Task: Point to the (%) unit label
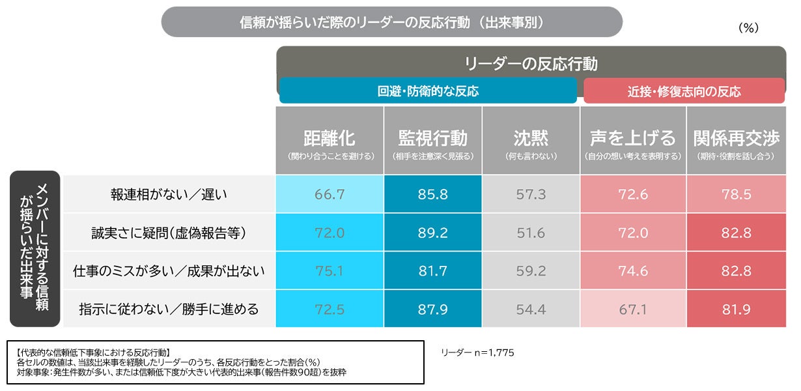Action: click(748, 28)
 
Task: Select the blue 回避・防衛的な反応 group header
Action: click(428, 91)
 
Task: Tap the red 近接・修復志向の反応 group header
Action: click(684, 91)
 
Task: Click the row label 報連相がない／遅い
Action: click(169, 195)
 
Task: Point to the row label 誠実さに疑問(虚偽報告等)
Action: click(169, 233)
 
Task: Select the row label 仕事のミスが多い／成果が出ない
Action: click(169, 271)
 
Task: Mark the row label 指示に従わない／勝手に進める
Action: click(169, 309)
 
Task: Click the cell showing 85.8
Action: click(432, 194)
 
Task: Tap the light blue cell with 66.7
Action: click(330, 194)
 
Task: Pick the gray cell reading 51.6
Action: click(531, 233)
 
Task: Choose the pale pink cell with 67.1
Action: click(633, 309)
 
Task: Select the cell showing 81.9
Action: click(737, 309)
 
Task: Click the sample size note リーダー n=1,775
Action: click(477, 353)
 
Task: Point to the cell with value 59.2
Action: click(531, 271)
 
